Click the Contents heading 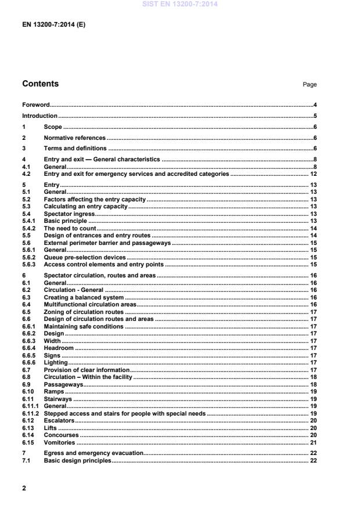(x=40, y=84)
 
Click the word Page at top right (x=309, y=85)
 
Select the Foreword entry (x=35, y=105)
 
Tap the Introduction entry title (x=39, y=116)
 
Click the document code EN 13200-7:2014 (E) (x=53, y=26)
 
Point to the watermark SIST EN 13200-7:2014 (x=179, y=4)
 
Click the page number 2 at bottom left (x=24, y=488)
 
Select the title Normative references (x=75, y=138)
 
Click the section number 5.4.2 (x=30, y=229)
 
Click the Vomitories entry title (x=59, y=442)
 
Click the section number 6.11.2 (x=31, y=414)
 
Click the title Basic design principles (x=77, y=460)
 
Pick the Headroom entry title (x=59, y=348)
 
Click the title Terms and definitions (x=75, y=148)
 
